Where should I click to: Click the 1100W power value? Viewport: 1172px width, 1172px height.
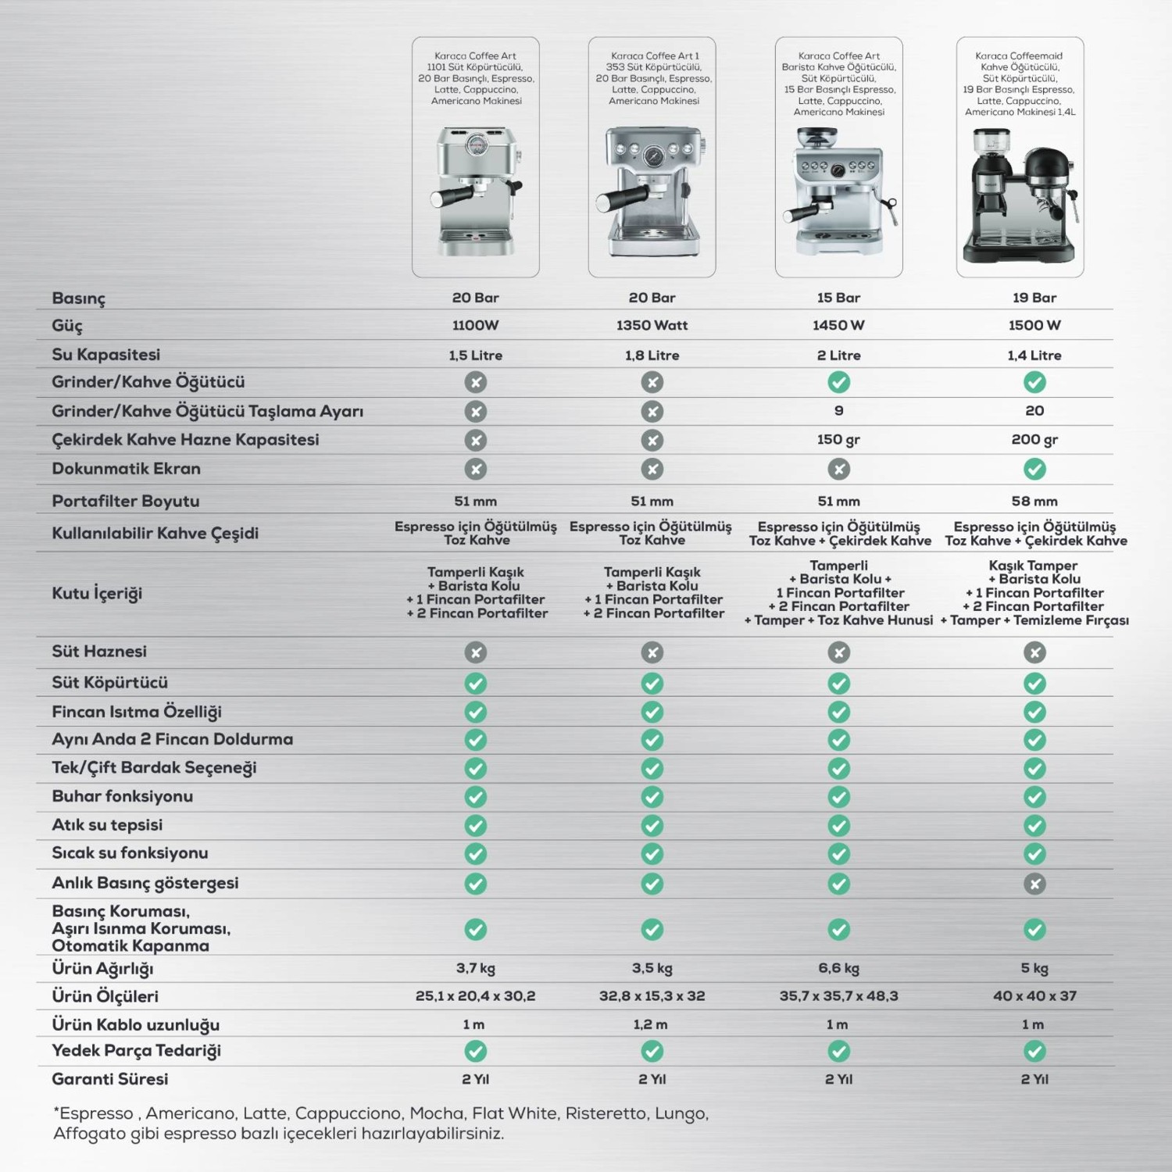pos(475,325)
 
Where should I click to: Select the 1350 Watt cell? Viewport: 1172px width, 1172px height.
pos(652,325)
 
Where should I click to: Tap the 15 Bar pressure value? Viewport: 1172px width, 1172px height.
pos(838,298)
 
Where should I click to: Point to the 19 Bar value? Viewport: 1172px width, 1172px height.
pos(1034,298)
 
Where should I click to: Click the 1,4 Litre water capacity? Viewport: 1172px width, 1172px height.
pos(1034,356)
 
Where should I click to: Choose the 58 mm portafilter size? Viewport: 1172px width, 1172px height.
pos(1034,502)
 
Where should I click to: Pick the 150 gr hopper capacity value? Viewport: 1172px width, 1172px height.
pos(838,440)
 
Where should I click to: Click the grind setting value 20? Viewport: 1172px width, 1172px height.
pos(1034,411)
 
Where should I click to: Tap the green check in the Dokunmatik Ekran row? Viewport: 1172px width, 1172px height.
pos(1034,469)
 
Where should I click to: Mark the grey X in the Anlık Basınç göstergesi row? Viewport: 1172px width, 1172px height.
pos(1034,884)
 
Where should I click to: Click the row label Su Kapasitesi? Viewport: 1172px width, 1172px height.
pos(105,355)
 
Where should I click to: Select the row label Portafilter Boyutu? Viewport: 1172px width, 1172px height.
pos(125,502)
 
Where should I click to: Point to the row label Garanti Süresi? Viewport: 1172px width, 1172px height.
pos(109,1079)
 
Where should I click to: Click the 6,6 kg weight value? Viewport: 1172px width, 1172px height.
pos(838,968)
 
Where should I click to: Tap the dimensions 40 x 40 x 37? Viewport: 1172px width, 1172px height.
pos(1034,996)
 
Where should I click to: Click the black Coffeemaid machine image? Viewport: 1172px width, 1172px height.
pos(1020,195)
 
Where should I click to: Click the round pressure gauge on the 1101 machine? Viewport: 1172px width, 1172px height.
pos(475,146)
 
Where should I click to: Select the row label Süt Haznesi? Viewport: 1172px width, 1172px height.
pos(99,652)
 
